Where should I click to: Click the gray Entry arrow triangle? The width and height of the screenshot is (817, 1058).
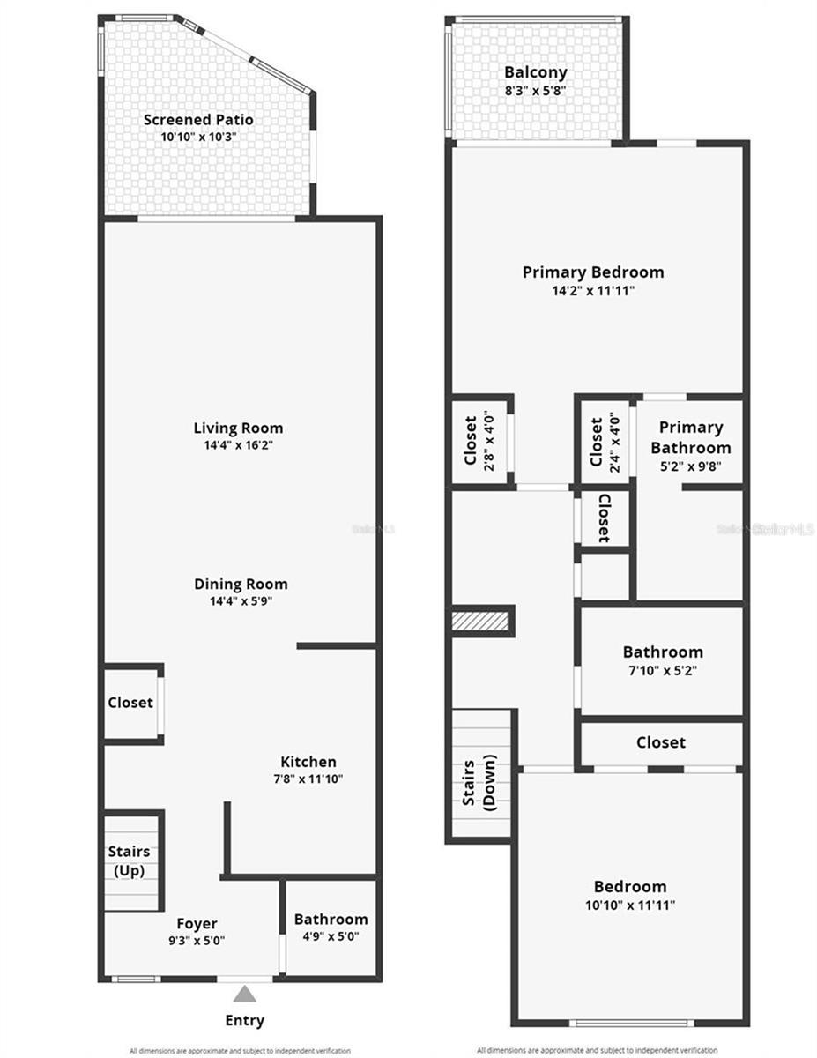[245, 994]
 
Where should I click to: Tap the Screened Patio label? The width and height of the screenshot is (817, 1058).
[198, 119]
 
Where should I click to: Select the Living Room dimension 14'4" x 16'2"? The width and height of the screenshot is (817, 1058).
[238, 445]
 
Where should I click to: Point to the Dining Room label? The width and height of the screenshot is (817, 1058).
[241, 584]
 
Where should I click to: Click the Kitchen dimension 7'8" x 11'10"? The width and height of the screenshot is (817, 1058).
[308, 779]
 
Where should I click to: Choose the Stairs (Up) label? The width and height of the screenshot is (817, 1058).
[129, 861]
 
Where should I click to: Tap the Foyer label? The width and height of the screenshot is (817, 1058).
[197, 923]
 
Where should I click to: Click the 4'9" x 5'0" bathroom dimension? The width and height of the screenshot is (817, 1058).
[331, 936]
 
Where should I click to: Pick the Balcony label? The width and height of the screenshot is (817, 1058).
[535, 72]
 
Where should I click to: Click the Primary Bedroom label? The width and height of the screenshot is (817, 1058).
[592, 272]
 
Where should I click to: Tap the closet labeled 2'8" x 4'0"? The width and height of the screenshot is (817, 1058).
[479, 441]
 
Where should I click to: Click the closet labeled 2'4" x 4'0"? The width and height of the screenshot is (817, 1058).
[605, 441]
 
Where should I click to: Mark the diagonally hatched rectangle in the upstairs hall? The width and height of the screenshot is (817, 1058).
[481, 621]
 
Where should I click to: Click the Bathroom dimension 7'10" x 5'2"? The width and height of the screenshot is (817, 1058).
[663, 669]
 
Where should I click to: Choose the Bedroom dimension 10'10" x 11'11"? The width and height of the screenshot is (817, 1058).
[629, 904]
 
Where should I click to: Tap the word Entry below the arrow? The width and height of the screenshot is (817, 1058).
[244, 1021]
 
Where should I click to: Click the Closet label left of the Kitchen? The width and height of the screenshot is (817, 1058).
[130, 703]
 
